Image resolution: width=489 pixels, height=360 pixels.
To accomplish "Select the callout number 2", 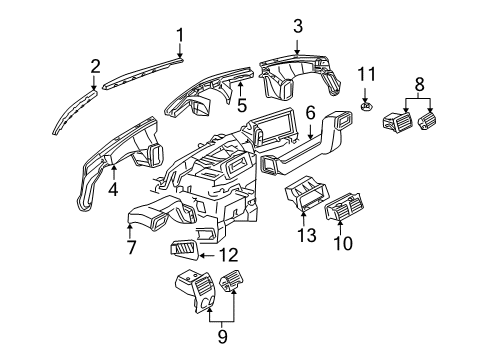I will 96,66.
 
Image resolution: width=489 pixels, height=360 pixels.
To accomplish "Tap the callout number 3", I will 297,25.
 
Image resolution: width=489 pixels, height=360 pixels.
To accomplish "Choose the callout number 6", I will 310,115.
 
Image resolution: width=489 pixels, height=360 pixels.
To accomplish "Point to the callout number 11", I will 367,75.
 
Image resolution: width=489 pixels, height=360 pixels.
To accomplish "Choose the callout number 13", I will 305,235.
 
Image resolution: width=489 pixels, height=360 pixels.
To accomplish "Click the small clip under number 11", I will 366,106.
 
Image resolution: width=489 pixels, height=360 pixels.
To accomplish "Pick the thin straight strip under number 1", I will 145,74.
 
